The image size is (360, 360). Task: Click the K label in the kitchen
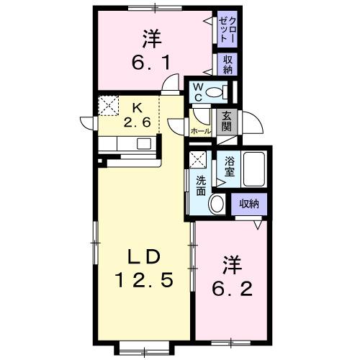[x=137, y=109]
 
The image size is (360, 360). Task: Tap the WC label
[x=197, y=92]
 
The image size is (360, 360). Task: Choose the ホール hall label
[x=199, y=132]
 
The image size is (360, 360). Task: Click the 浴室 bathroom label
[x=230, y=167]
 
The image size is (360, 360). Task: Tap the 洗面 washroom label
[x=200, y=186]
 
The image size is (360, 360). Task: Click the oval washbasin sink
[x=217, y=204]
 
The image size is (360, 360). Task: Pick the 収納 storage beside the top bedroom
[x=228, y=65]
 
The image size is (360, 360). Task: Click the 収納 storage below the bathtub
[x=249, y=204]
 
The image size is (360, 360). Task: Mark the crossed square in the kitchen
[x=109, y=107]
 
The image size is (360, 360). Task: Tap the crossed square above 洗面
[x=198, y=159]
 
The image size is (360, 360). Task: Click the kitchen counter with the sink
[x=130, y=143]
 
